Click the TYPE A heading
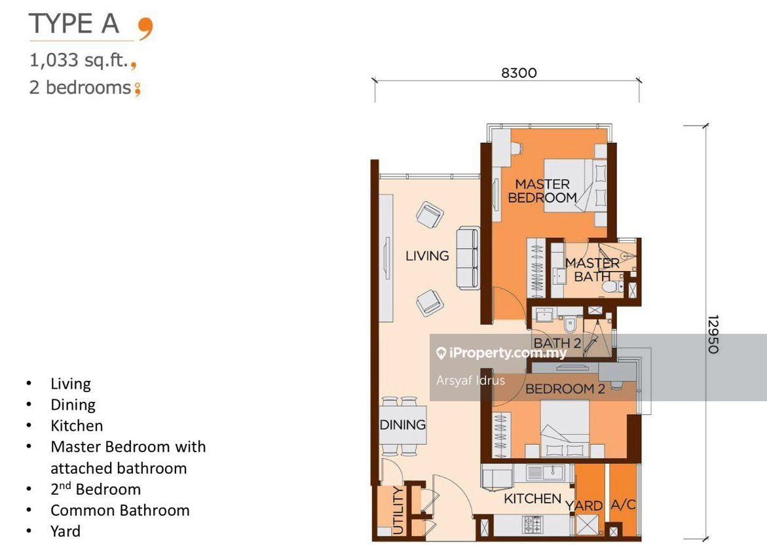74,24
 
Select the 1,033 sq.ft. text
78,62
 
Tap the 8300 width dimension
518,73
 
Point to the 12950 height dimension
713,334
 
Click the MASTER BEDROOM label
542,190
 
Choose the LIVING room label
427,256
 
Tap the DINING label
402,424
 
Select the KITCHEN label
532,499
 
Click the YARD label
584,506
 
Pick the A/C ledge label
622,505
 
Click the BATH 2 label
557,342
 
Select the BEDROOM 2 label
565,389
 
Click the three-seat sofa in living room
468,258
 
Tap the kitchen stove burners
532,524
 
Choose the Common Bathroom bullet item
120,511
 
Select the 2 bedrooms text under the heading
80,87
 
